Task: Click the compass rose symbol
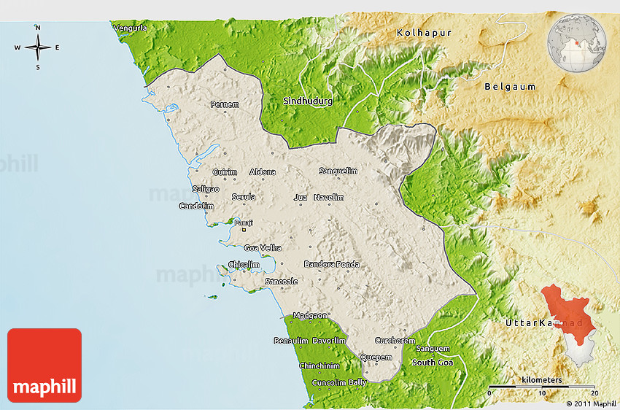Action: point(38,47)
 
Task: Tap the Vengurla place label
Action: point(130,28)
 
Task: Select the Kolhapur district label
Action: point(425,34)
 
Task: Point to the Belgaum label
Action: point(510,87)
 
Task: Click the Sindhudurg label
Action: point(307,101)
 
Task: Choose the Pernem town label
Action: point(225,105)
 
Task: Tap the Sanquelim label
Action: point(338,171)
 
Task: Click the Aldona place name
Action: point(263,172)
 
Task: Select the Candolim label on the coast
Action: point(196,206)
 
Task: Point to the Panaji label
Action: point(241,223)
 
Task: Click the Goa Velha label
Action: point(263,248)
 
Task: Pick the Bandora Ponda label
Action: point(332,264)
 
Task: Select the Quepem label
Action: point(376,357)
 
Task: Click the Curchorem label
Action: point(395,341)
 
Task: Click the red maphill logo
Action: point(44,365)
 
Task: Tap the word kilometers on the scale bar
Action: point(542,380)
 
